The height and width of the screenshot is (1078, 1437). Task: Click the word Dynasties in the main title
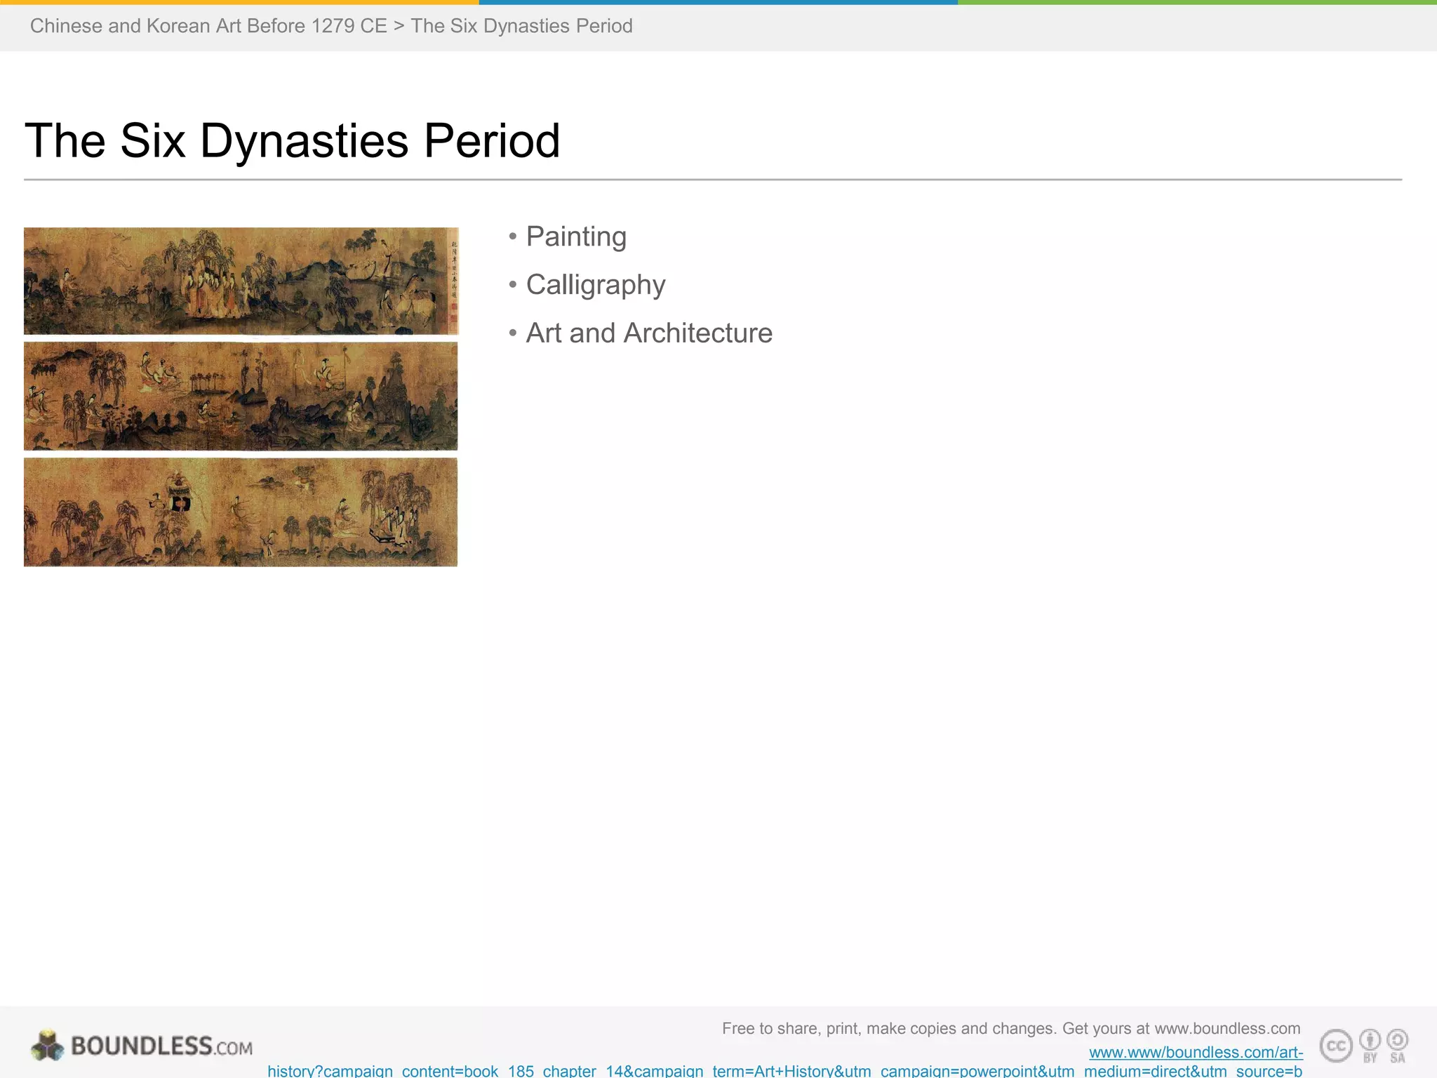[x=304, y=141]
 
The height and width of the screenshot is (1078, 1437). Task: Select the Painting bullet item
[x=575, y=237]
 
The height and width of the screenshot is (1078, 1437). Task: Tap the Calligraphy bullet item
[x=595, y=285]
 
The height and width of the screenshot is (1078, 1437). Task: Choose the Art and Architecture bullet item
[x=648, y=333]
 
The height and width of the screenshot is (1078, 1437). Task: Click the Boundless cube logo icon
[x=47, y=1046]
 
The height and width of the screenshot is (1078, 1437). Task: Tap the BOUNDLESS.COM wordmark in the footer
[x=161, y=1046]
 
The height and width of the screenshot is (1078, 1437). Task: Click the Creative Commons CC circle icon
[x=1336, y=1046]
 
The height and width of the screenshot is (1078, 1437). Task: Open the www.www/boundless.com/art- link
[x=1196, y=1052]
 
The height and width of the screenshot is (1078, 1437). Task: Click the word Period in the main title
[x=491, y=141]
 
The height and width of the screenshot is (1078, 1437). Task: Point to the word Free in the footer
[x=737, y=1029]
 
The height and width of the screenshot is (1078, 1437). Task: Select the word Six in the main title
[x=152, y=141]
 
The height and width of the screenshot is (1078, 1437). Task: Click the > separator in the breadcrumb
[x=399, y=26]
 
